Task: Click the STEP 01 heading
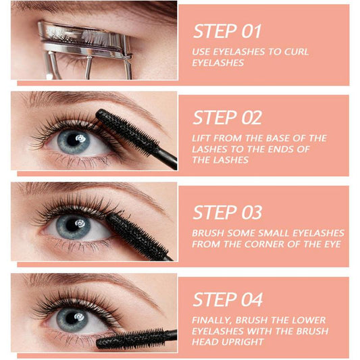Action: [x=227, y=31]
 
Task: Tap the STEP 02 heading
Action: [x=227, y=118]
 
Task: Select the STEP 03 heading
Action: [x=227, y=212]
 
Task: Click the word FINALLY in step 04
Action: [x=215, y=319]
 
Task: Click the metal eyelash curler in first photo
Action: [x=81, y=44]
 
